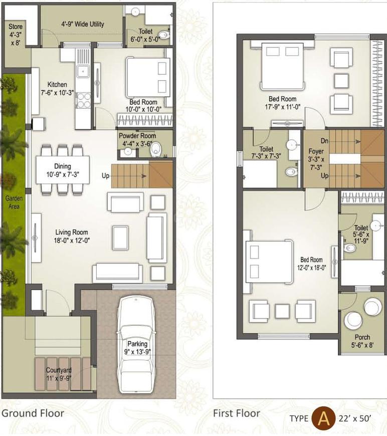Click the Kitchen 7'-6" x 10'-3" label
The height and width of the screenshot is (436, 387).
pyautogui.click(x=57, y=89)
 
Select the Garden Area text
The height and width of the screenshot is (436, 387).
pyautogui.click(x=14, y=201)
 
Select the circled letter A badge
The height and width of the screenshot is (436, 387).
pyautogui.click(x=323, y=418)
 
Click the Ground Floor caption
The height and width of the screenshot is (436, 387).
pyautogui.click(x=33, y=413)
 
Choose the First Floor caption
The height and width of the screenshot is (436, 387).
pyautogui.click(x=237, y=413)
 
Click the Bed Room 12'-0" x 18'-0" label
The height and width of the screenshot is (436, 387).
pyautogui.click(x=311, y=264)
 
